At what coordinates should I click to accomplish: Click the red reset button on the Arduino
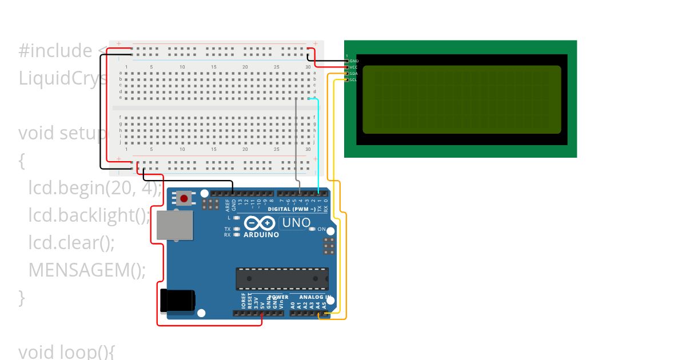[184, 199]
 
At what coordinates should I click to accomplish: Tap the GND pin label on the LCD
[354, 61]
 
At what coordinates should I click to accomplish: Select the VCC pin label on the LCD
[353, 67]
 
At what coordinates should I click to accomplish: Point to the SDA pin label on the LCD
[353, 74]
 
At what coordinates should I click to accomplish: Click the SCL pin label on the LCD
[353, 80]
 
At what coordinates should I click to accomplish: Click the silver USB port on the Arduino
[175, 225]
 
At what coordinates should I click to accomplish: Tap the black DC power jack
[177, 301]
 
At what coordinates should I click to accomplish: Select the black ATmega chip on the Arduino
[282, 278]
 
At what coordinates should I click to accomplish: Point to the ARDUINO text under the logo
[261, 235]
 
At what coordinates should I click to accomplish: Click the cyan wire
[318, 143]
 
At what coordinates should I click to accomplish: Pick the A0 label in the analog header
[293, 305]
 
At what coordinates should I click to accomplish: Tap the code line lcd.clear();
[71, 243]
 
